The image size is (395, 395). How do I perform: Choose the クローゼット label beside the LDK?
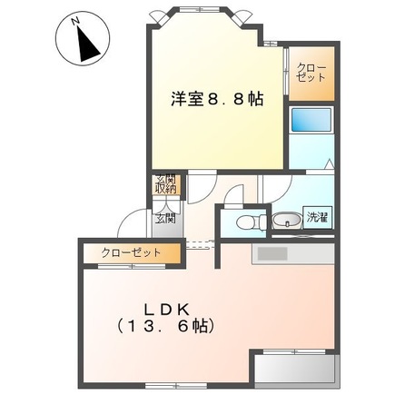click(131, 252)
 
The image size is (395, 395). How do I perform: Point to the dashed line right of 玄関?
click(199, 242)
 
